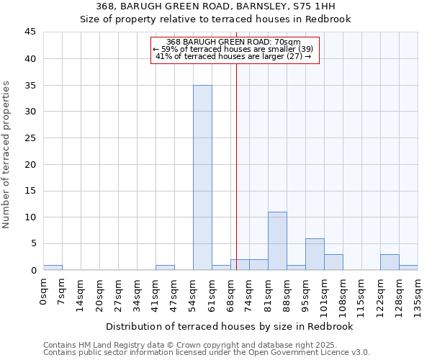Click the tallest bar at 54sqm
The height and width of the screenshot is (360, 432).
[x=202, y=177]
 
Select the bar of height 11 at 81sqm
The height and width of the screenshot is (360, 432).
[x=277, y=240]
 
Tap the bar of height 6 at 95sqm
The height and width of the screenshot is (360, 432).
[x=315, y=254]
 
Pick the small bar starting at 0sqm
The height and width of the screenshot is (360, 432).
[x=53, y=267]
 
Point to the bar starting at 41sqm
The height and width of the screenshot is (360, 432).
[x=165, y=267]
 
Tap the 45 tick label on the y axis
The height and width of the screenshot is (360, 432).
[x=30, y=32]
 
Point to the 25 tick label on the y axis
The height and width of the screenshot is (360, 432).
[x=30, y=138]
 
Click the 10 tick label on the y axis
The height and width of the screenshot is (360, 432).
[x=30, y=217]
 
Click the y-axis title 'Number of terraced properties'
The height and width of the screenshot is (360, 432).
[x=7, y=154]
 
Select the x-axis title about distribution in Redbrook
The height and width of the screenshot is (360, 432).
[x=229, y=326]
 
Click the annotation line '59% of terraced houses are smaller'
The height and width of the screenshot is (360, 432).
[x=233, y=49]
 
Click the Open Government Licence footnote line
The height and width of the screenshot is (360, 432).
[x=207, y=353]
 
